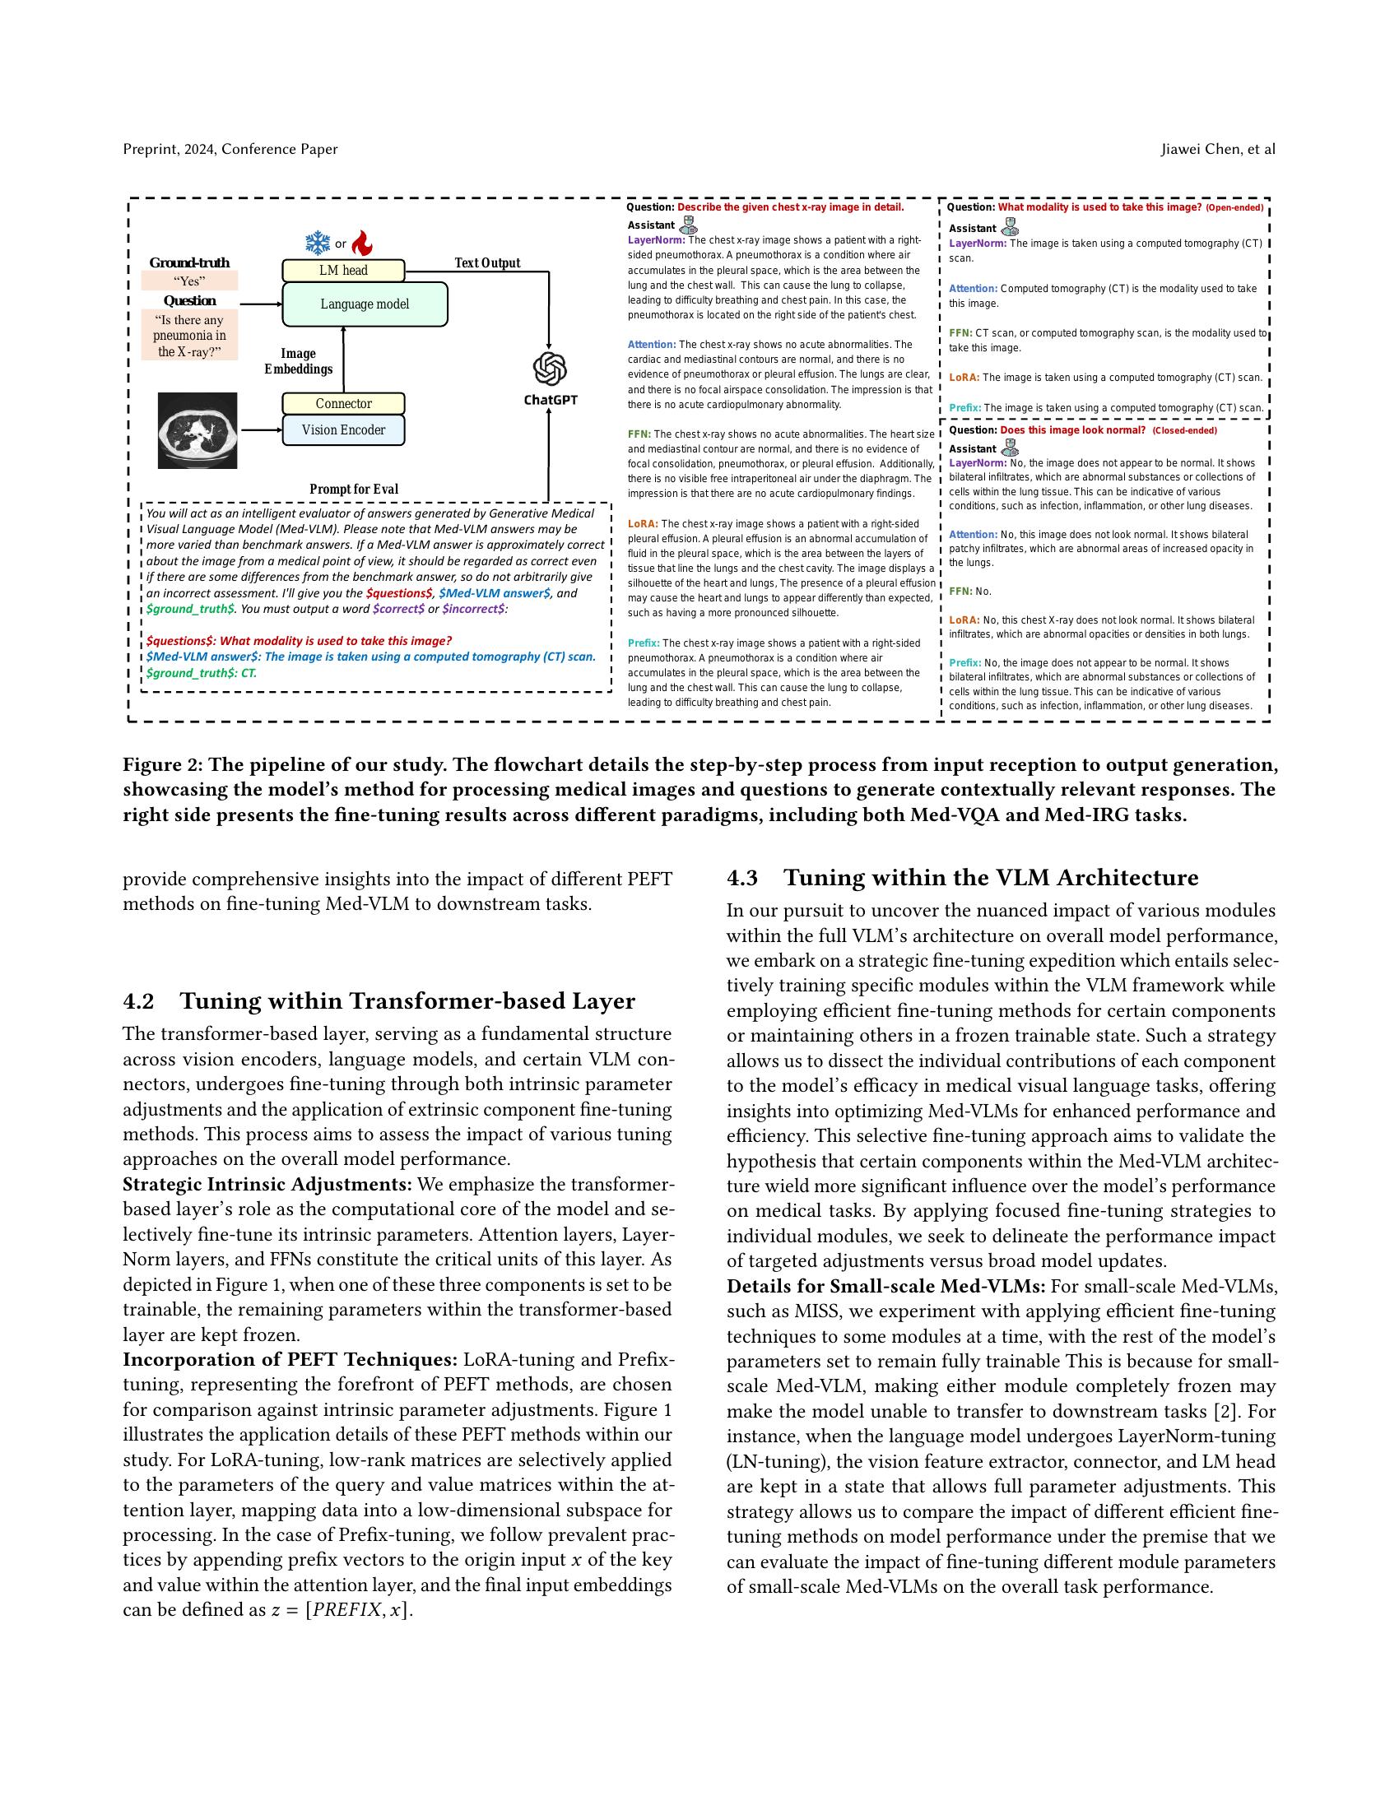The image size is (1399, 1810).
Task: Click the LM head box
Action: [x=343, y=270]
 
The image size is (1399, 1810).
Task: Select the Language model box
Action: [x=365, y=304]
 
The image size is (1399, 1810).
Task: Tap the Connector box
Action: [x=343, y=404]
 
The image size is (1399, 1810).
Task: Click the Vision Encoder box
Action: [x=343, y=430]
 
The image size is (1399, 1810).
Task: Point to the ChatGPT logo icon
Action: [x=550, y=369]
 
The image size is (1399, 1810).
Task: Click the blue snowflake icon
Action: [x=318, y=244]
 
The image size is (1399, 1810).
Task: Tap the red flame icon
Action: [x=362, y=244]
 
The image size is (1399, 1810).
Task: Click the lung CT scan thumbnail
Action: [x=198, y=431]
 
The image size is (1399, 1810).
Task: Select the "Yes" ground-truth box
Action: [x=190, y=281]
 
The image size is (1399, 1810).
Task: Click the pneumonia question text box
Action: [x=190, y=336]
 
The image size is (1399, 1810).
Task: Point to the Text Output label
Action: [x=487, y=262]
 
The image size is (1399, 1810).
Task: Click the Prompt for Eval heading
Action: [x=354, y=489]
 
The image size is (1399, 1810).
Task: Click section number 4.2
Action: [x=138, y=1001]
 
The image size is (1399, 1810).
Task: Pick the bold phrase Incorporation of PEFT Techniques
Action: [x=290, y=1360]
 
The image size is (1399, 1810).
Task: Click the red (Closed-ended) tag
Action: [x=1184, y=431]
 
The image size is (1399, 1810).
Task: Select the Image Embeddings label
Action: [x=299, y=361]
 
